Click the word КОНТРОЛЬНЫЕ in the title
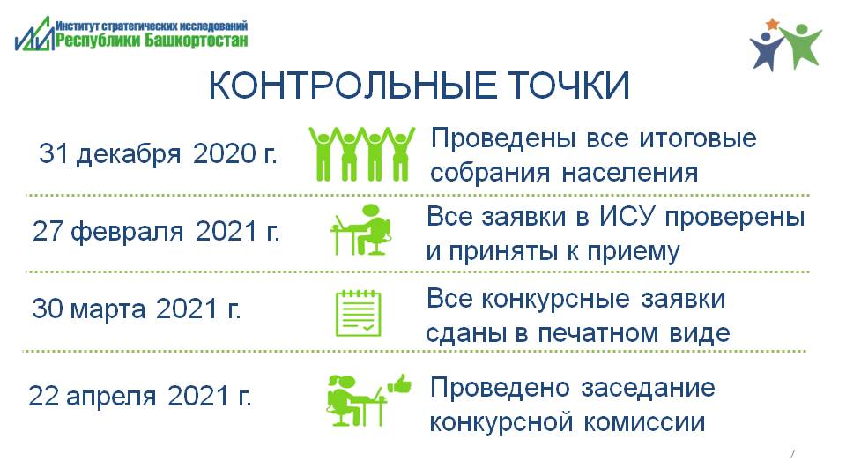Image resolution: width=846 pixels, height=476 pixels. click(x=352, y=86)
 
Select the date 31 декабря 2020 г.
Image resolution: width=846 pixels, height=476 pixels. click(x=158, y=154)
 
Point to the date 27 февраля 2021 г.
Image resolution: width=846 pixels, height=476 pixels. click(x=156, y=232)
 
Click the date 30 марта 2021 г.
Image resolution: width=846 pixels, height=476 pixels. click(x=136, y=309)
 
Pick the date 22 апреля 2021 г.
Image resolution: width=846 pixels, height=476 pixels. click(x=140, y=397)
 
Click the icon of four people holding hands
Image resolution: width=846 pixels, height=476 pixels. click(x=362, y=153)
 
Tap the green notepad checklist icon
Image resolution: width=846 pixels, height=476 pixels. click(x=359, y=314)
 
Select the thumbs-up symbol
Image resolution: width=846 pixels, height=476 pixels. click(x=400, y=384)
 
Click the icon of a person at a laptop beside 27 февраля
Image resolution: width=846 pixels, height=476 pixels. click(x=361, y=230)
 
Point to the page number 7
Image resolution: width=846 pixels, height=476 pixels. click(x=792, y=454)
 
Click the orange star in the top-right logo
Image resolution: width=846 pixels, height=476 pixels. click(x=773, y=25)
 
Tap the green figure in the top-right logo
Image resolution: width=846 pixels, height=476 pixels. click(x=802, y=46)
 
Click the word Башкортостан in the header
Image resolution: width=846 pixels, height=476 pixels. click(x=197, y=40)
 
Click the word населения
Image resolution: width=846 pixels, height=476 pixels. click(x=630, y=174)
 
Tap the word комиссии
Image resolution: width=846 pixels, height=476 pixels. click(x=645, y=422)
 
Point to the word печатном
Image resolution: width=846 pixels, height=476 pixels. click(x=598, y=333)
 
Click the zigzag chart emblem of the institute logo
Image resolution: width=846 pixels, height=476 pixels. click(x=35, y=34)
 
